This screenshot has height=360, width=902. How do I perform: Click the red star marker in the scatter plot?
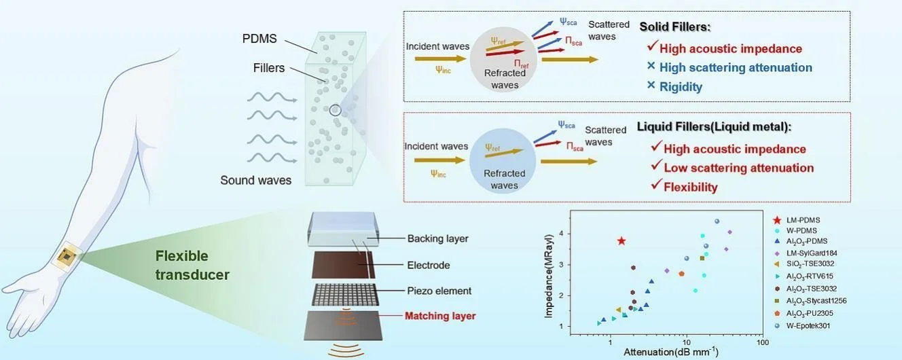click(621, 241)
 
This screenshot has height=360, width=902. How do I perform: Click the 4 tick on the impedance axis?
click(560, 233)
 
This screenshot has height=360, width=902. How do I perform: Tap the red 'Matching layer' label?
click(439, 316)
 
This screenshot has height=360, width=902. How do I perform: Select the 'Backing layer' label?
click(437, 238)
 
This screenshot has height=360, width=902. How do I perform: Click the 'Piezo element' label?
click(439, 291)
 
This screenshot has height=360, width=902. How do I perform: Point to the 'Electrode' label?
click(429, 265)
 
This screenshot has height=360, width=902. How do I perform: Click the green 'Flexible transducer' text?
click(192, 266)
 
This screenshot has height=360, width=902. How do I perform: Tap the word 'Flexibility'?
click(691, 187)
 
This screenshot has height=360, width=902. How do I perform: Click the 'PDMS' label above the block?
click(259, 39)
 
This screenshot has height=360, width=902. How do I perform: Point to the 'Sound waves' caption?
click(255, 181)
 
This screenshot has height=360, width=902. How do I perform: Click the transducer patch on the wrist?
click(67, 256)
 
